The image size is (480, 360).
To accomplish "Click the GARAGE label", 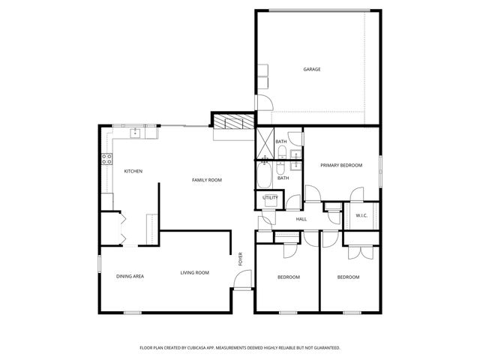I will point(312,70).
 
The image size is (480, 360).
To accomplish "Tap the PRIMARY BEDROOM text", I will point(341,165).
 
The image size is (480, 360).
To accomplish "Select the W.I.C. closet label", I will point(361,216).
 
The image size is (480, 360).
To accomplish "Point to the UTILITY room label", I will point(270,198).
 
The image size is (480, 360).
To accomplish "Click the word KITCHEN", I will point(133,171).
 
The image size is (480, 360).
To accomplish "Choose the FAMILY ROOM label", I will point(206,180).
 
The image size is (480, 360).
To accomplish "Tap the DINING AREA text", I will point(130,277).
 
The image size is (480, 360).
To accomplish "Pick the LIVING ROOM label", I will point(194,273).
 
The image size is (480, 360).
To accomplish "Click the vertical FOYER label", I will point(241,259).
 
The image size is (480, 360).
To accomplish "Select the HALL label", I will point(301,219).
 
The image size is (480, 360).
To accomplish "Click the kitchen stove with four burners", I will point(106,158).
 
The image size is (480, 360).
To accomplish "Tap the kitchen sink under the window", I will point(136,133).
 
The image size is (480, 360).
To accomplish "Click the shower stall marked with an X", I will point(265,142).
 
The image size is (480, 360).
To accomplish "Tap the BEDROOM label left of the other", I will point(288,277).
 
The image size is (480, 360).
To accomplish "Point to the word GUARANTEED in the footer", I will point(323,348).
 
